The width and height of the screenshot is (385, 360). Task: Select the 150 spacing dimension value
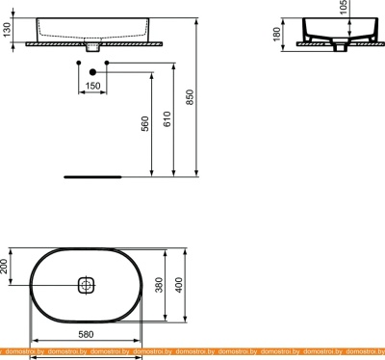[x=92, y=86]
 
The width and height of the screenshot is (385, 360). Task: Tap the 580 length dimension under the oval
[x=87, y=334]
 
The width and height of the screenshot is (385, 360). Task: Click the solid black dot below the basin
[x=92, y=71]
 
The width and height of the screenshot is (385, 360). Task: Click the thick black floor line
[x=92, y=177]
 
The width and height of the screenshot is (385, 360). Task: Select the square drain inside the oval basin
[x=87, y=286]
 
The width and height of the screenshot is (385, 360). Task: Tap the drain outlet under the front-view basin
[x=92, y=45]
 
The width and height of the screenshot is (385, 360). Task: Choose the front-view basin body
[x=92, y=28]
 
